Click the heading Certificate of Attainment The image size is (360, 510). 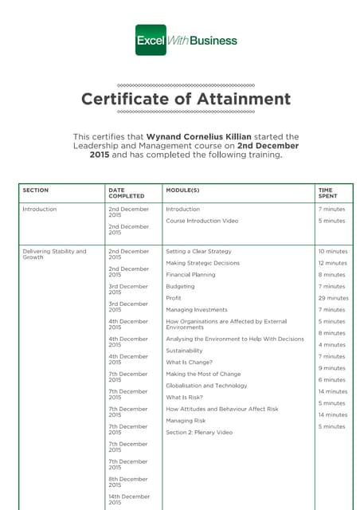click(x=186, y=100)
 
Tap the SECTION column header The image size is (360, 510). click(x=36, y=190)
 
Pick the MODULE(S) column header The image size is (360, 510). click(x=182, y=190)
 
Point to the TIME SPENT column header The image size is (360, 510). click(x=327, y=193)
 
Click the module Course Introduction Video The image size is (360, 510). click(x=202, y=221)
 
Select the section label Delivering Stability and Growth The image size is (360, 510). click(x=54, y=254)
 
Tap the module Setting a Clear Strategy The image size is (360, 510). click(x=198, y=251)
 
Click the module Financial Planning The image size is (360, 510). click(x=190, y=274)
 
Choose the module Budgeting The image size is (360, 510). click(x=180, y=286)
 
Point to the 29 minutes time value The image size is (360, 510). click(x=333, y=298)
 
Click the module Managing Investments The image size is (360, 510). click(x=197, y=309)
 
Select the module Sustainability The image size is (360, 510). click(x=184, y=351)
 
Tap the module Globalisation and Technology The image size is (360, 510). click(x=206, y=386)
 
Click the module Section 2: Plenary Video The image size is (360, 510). click(x=199, y=432)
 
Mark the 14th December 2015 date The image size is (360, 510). click(x=128, y=500)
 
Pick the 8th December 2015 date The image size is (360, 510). click(x=128, y=482)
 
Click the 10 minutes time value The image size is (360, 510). click(x=333, y=251)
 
